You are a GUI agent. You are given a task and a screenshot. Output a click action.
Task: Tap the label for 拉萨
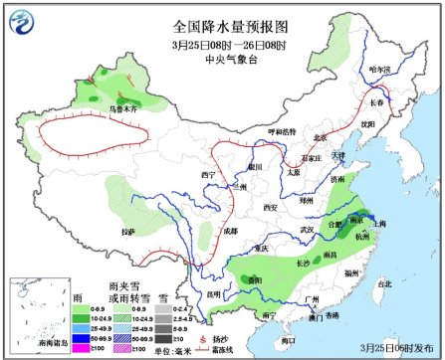point(124,231)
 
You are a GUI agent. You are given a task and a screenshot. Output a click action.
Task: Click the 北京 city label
point(320,137)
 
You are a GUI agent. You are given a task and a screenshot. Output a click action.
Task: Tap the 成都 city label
point(230,231)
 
